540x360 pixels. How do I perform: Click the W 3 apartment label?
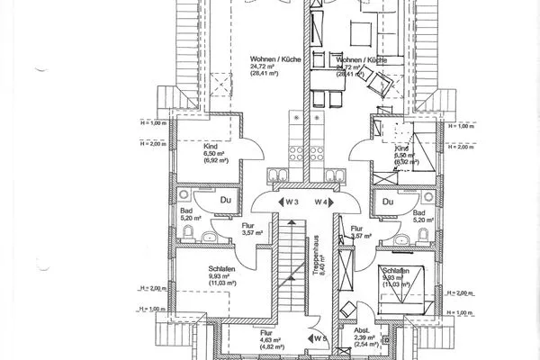[290, 201]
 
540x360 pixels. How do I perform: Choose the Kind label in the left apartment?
[187, 146]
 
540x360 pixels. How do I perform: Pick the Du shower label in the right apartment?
[390, 202]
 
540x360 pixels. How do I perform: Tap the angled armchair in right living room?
[375, 85]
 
